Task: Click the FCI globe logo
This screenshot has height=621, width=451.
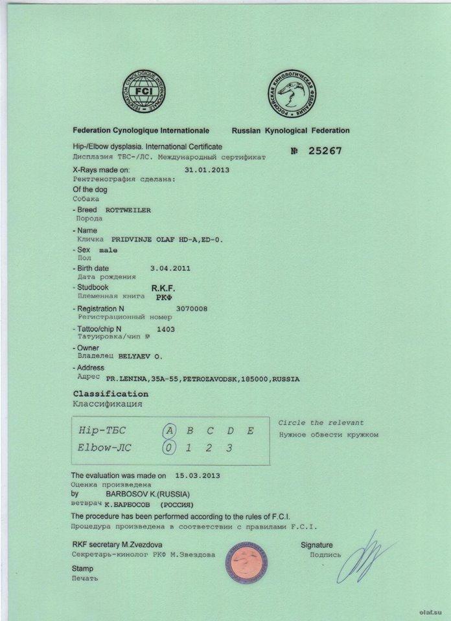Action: (x=143, y=91)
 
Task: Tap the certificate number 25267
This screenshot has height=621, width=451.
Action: (x=325, y=151)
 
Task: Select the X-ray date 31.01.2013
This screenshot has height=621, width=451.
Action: (x=207, y=169)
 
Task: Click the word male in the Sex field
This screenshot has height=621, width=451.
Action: (x=108, y=250)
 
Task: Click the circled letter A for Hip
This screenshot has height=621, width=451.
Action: (x=168, y=431)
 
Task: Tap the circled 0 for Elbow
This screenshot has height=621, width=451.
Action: (x=168, y=447)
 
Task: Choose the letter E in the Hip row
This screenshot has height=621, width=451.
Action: (x=250, y=431)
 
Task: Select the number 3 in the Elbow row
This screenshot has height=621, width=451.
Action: (x=229, y=448)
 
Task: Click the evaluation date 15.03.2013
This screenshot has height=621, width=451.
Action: (x=192, y=475)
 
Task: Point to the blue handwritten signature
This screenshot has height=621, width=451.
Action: (x=363, y=558)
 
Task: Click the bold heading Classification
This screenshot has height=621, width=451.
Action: (x=111, y=394)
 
